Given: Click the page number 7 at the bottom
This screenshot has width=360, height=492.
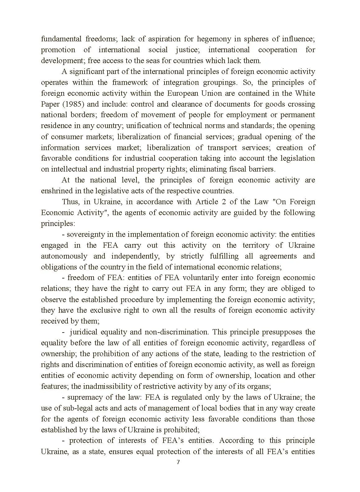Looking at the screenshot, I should [x=178, y=462].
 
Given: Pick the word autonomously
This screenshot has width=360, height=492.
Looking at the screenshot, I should [x=64, y=256].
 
